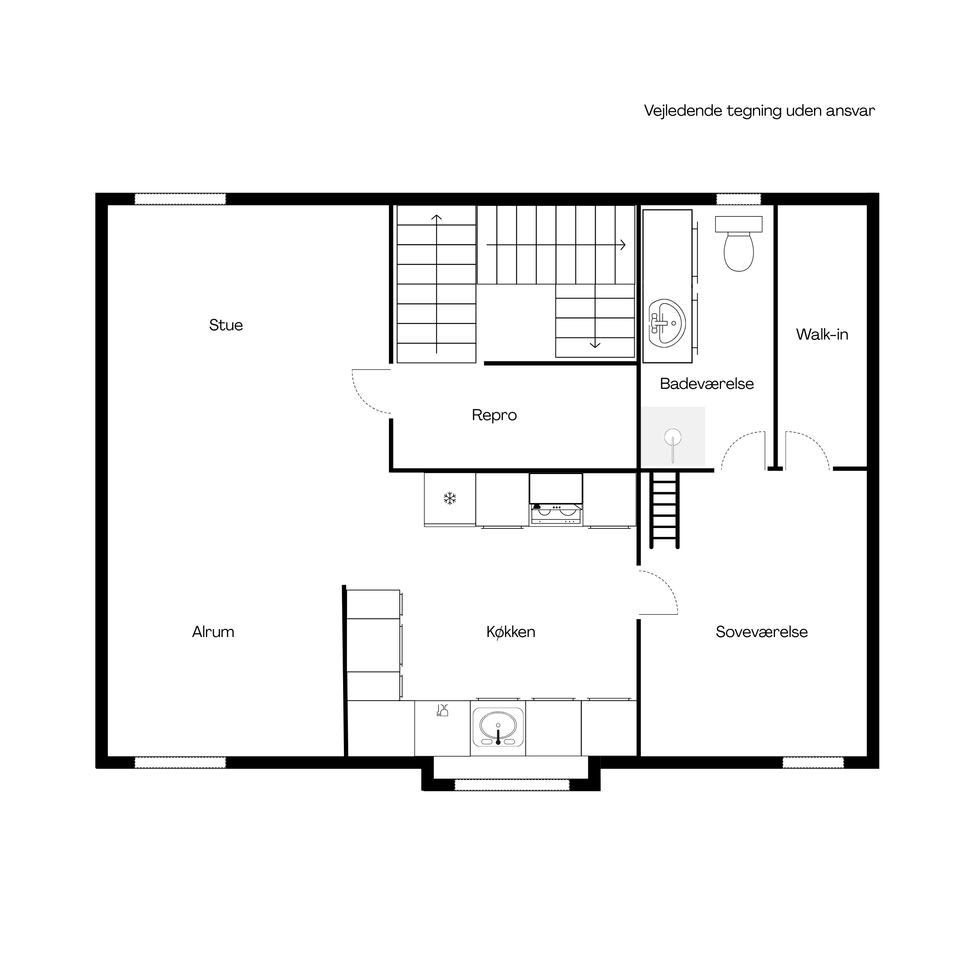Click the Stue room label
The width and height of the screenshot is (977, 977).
click(226, 325)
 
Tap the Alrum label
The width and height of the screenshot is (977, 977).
click(213, 632)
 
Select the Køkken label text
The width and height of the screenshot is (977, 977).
click(511, 632)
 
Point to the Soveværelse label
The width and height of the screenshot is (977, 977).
click(762, 632)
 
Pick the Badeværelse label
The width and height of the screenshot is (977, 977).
click(707, 383)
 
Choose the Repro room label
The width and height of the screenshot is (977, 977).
click(494, 415)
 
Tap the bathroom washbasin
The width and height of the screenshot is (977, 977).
click(667, 323)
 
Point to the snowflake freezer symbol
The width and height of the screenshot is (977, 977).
click(449, 499)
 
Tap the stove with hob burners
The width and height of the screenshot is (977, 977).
click(556, 514)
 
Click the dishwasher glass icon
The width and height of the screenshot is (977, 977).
click(442, 710)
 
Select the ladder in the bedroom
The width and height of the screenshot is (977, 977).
click(664, 509)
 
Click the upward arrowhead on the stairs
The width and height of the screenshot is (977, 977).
click(437, 218)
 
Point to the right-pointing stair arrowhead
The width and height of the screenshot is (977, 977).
click(623, 245)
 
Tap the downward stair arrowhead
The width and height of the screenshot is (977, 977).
click(595, 345)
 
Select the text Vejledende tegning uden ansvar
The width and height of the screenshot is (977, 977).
click(759, 111)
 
